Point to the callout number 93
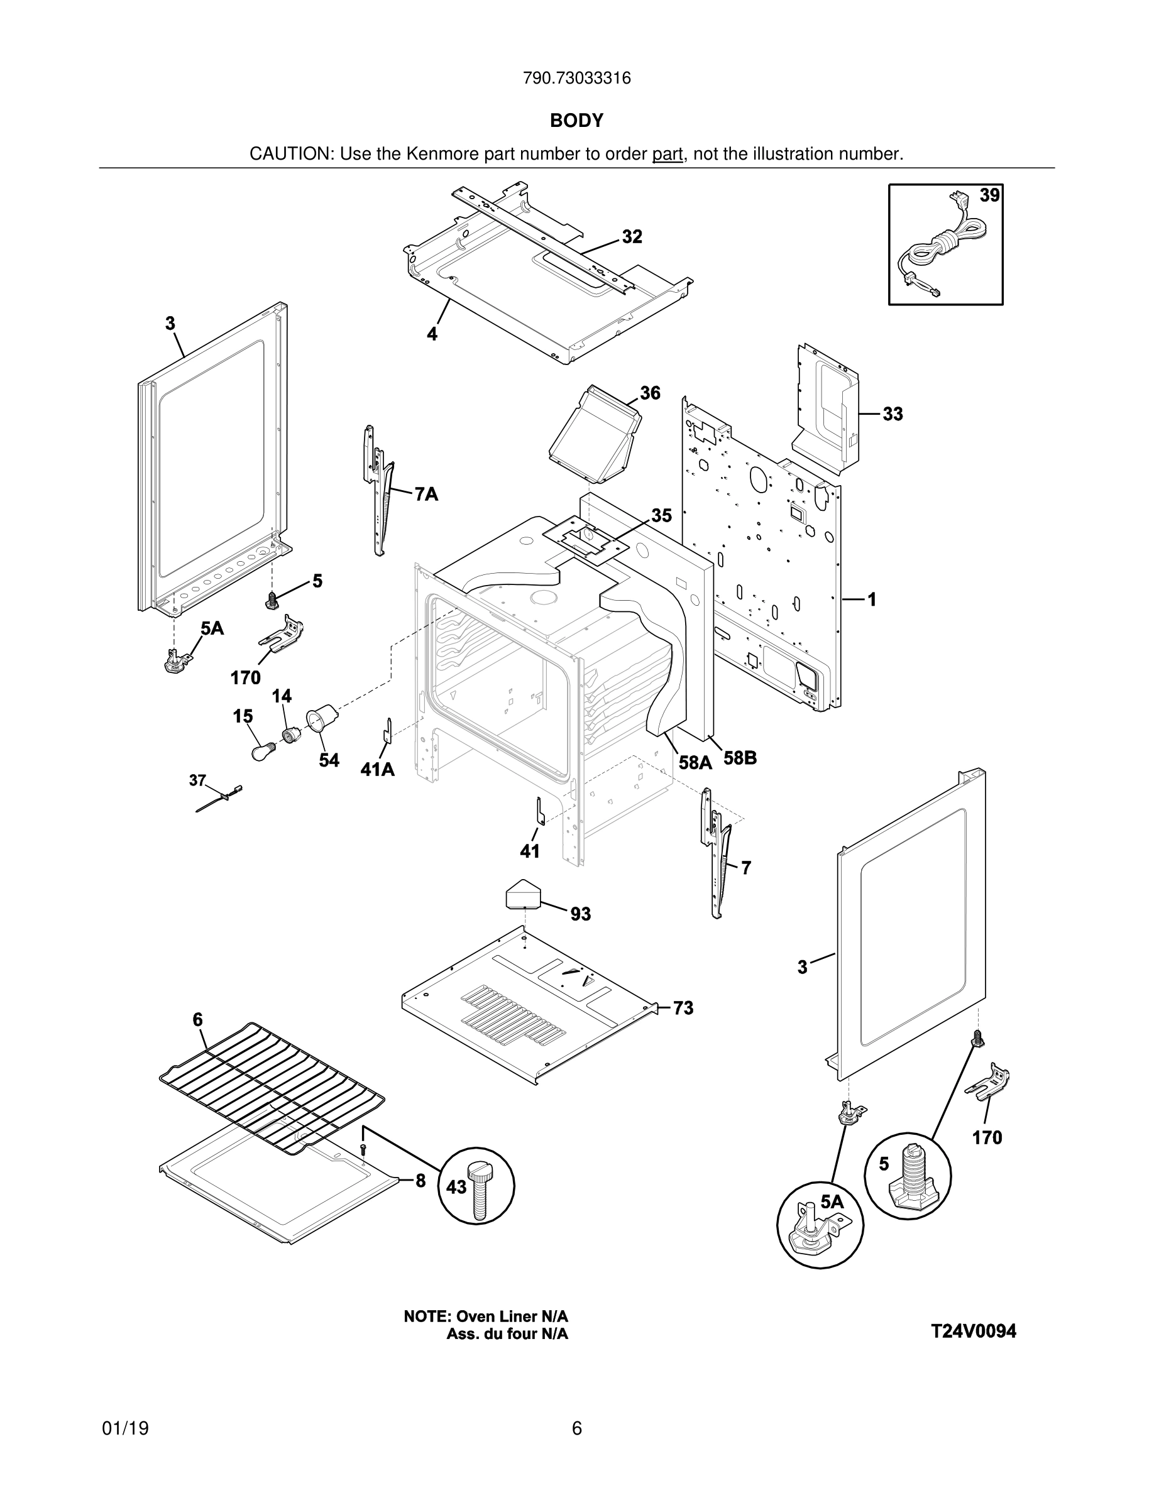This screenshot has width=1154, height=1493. [580, 914]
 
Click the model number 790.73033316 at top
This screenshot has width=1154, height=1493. [576, 79]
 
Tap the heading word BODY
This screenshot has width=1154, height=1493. [576, 121]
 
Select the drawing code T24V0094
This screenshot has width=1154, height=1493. [974, 1331]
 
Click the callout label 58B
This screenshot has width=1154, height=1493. [740, 758]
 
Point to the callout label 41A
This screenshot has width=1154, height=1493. [377, 770]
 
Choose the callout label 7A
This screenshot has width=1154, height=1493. [426, 495]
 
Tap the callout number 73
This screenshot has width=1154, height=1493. [683, 1009]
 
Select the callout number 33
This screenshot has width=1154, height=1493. [892, 414]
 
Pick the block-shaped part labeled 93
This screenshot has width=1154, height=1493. [523, 894]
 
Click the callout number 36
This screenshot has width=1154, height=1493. [650, 393]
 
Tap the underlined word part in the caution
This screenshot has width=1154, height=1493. [668, 155]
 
